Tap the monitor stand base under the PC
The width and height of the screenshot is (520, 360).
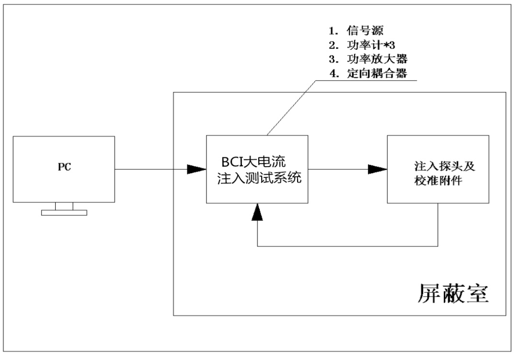tap(64, 212)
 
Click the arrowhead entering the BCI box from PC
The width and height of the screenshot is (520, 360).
tap(197, 170)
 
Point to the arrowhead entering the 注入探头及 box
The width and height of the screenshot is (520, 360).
tap(377, 170)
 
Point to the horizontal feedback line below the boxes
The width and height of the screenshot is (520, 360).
tap(344, 245)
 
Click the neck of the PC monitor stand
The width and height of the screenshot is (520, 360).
tap(64, 206)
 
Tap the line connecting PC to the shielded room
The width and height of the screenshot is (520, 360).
tap(148, 170)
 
